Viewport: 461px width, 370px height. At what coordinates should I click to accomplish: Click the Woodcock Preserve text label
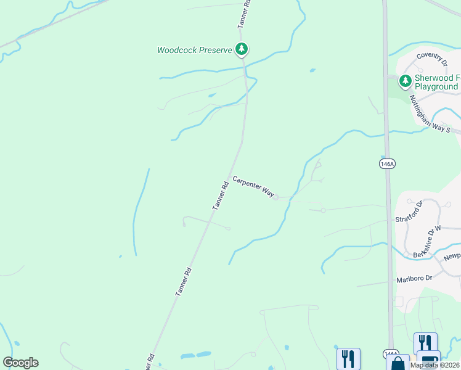pyautogui.click(x=194, y=50)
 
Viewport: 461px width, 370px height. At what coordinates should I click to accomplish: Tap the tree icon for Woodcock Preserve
pyautogui.click(x=242, y=49)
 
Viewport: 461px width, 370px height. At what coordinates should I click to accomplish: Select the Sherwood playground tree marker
pyautogui.click(x=405, y=81)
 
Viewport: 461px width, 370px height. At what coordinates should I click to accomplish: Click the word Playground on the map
pyautogui.click(x=436, y=87)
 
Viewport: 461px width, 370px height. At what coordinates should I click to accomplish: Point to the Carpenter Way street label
pyautogui.click(x=253, y=186)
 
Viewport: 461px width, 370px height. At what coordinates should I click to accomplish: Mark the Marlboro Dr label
pyautogui.click(x=415, y=278)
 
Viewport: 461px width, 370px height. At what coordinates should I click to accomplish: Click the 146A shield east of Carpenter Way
pyautogui.click(x=386, y=163)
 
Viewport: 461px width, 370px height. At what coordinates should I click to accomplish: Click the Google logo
pyautogui.click(x=20, y=363)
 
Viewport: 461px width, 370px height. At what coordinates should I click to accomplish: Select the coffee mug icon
pyautogui.click(x=428, y=360)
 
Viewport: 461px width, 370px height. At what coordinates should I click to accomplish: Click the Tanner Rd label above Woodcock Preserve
pyautogui.click(x=244, y=14)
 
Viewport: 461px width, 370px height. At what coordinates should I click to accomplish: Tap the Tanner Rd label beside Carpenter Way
pyautogui.click(x=221, y=195)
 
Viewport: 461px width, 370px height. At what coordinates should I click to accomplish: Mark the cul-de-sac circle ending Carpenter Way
pyautogui.click(x=276, y=197)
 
